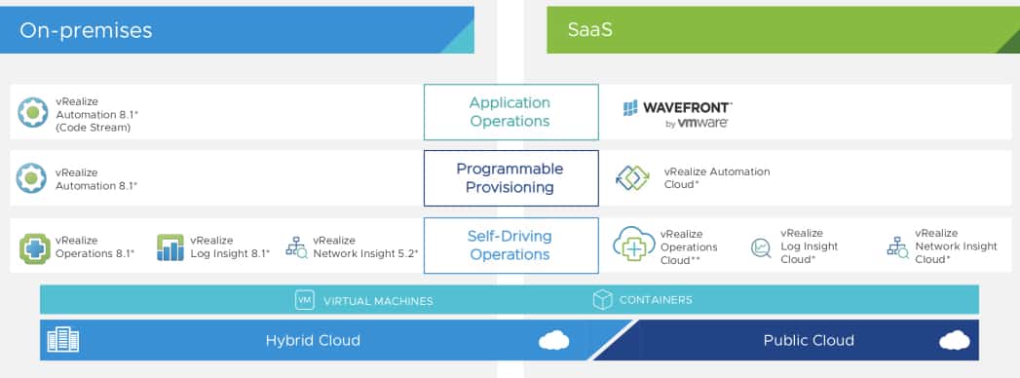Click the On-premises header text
coord(85,30)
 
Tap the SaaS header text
coord(589,30)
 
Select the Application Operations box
coord(510,112)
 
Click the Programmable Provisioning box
coord(510,178)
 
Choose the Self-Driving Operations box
coord(510,246)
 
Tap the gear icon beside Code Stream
coord(32,113)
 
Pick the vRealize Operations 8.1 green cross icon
coord(34,248)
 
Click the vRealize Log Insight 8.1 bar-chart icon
coord(170,247)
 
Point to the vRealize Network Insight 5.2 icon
coord(297,247)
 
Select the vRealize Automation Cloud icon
coord(632,178)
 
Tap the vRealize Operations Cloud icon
coord(633,244)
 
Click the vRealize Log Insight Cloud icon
coord(761,247)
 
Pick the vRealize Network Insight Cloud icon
coord(897,247)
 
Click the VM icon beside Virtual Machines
coord(304,300)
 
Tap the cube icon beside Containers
coord(602,300)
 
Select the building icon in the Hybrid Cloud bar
coord(63,340)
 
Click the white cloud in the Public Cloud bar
coord(955,340)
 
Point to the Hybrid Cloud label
coord(313,340)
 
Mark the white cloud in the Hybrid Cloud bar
coord(554,340)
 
